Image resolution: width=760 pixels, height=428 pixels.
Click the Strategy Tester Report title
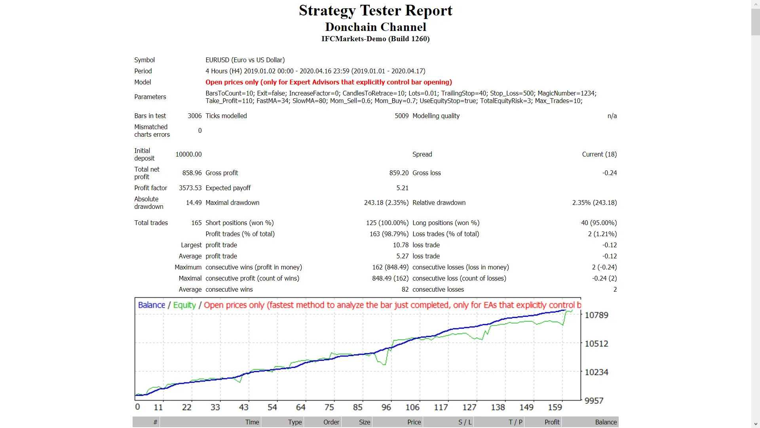pyautogui.click(x=375, y=11)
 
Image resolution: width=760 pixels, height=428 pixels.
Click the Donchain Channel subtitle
pyautogui.click(x=375, y=27)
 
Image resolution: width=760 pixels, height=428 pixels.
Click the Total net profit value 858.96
pyautogui.click(x=192, y=173)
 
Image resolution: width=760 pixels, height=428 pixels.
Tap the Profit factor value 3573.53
pyautogui.click(x=190, y=188)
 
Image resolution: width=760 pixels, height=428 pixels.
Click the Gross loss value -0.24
pyautogui.click(x=609, y=173)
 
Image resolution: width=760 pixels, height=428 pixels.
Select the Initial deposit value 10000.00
pyautogui.click(x=188, y=154)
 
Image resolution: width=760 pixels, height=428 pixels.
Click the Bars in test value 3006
pyautogui.click(x=194, y=116)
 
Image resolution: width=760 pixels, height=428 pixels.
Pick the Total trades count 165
pyautogui.click(x=196, y=223)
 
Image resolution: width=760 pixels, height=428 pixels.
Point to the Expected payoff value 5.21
pyautogui.click(x=402, y=188)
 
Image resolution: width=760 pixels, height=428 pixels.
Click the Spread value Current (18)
pyautogui.click(x=599, y=154)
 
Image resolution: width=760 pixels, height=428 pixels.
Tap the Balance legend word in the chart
pyautogui.click(x=151, y=305)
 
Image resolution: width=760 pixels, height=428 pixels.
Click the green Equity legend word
pyautogui.click(x=184, y=305)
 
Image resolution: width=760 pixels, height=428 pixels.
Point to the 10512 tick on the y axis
pyautogui.click(x=596, y=344)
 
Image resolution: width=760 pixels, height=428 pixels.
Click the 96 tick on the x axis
pyautogui.click(x=386, y=407)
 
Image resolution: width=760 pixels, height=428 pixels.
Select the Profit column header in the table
pyautogui.click(x=552, y=422)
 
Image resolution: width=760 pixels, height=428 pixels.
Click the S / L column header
pyautogui.click(x=465, y=422)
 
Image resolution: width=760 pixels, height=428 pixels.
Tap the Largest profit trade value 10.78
pyautogui.click(x=400, y=245)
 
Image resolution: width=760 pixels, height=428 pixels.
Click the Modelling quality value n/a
pyautogui.click(x=612, y=116)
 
